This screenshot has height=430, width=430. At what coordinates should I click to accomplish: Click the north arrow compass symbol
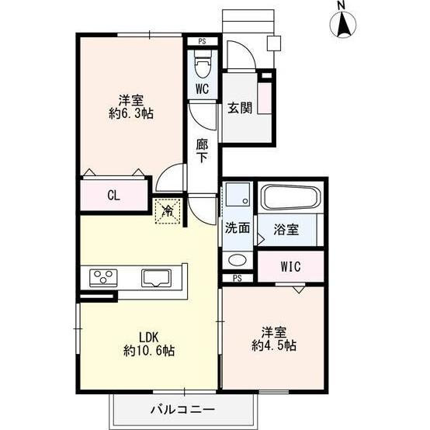(342, 28)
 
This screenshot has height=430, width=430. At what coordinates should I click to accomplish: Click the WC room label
(202, 89)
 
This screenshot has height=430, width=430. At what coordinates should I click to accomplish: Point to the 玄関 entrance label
(239, 109)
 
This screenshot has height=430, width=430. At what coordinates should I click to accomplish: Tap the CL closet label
(113, 195)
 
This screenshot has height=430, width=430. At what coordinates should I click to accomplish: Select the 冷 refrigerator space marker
(168, 210)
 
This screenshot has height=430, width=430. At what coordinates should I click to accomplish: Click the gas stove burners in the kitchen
(104, 277)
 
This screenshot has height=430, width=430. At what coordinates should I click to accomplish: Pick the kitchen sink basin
(159, 277)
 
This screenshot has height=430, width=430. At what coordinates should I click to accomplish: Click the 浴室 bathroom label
(288, 229)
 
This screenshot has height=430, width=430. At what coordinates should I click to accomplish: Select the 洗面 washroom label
(238, 228)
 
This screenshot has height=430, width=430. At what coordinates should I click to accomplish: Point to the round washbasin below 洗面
(237, 260)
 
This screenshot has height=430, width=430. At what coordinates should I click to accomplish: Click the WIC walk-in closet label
(291, 267)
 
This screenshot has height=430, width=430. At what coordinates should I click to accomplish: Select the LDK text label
(148, 337)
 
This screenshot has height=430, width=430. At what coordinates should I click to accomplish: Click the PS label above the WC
(202, 41)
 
